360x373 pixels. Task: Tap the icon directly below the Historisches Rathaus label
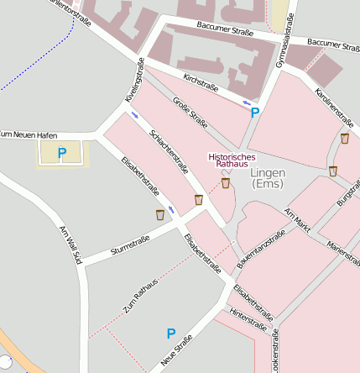[x=225, y=182]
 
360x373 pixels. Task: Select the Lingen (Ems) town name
[x=268, y=178]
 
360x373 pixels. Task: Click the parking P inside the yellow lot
[x=61, y=153]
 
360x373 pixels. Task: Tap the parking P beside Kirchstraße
[x=255, y=112]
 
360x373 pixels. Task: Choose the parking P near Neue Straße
[x=171, y=334]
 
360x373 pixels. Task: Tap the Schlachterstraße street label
[x=168, y=155]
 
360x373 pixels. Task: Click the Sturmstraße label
[x=130, y=245]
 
